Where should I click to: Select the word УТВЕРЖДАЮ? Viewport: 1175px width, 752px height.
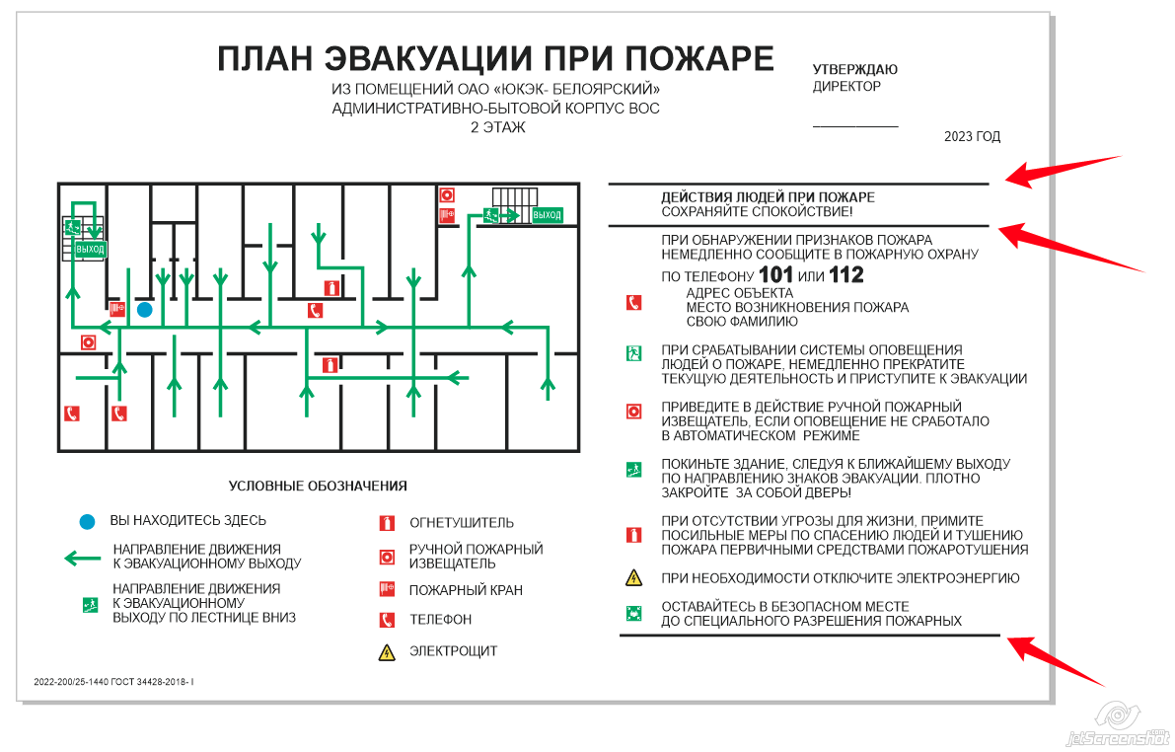854,70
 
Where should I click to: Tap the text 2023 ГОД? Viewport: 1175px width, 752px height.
972,137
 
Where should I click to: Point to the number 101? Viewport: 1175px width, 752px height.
774,275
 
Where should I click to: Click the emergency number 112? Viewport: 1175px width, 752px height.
846,275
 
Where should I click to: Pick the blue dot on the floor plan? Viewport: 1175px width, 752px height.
145,310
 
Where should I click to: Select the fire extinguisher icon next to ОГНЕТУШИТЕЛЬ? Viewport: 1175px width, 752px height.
387,523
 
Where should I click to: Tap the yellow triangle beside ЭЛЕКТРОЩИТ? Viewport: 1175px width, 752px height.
387,651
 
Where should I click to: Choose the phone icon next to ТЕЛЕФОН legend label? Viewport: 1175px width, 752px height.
387,620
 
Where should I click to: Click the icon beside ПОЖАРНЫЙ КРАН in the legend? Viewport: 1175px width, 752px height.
387,590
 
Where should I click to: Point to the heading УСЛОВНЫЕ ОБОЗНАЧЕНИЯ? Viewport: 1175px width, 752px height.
318,486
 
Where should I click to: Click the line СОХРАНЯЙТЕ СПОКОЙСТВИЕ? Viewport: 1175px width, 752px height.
757,212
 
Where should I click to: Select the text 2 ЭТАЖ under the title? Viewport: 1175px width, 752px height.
498,127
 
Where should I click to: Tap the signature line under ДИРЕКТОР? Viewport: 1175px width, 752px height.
855,126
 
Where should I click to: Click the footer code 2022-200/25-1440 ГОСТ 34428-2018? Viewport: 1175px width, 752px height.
113,682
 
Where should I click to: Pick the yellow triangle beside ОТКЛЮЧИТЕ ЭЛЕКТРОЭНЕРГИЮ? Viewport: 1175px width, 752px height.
634,578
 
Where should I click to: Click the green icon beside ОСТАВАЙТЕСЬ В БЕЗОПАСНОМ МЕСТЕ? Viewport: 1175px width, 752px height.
634,614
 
